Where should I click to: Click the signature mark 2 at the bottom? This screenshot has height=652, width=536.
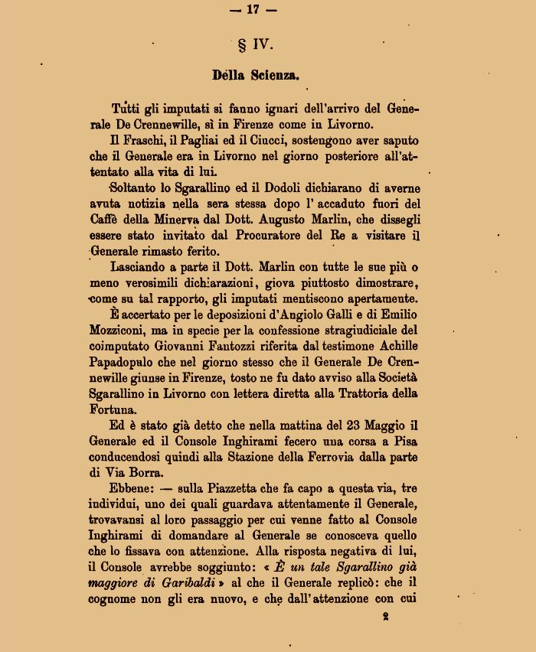(x=385, y=615)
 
